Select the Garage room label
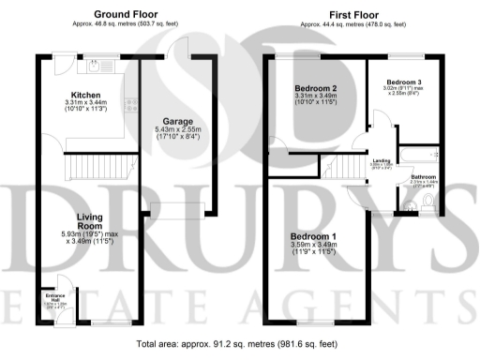point(178,122)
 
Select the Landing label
point(382,161)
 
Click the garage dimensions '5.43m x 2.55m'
point(178,132)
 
